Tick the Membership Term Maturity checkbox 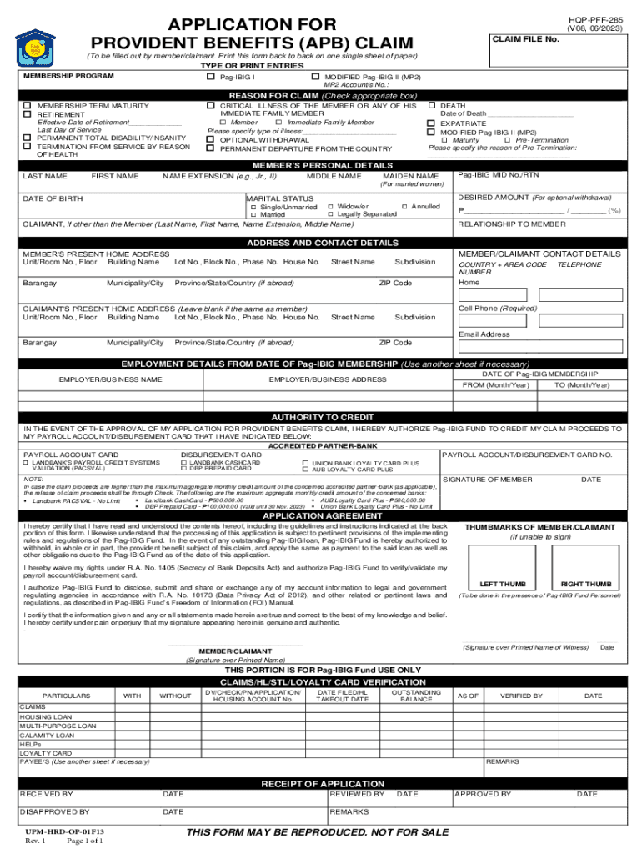tap(28, 107)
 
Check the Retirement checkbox tap(28, 115)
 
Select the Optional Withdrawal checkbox tap(211, 140)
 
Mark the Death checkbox tap(431, 107)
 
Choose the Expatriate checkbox tap(431, 123)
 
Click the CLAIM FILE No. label tap(525, 39)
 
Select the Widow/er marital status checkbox tap(331, 206)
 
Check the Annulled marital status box tap(404, 206)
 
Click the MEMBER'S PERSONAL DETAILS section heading tap(321, 165)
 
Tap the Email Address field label tap(484, 334)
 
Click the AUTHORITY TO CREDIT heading tap(321, 417)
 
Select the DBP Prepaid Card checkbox tap(184, 469)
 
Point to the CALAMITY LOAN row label tap(47, 736)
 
